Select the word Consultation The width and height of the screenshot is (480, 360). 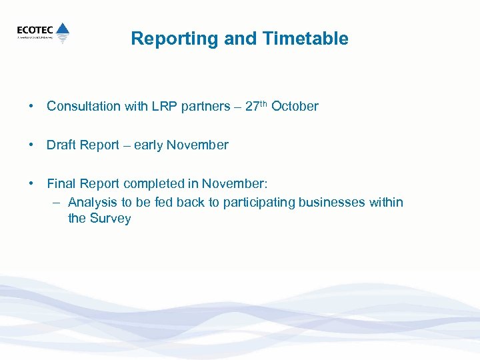[x=83, y=107]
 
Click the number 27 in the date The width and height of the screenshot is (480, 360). [x=251, y=107]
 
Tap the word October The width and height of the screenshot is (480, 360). [x=295, y=107]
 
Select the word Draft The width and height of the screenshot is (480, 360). [x=62, y=145]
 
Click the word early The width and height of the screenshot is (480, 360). [x=148, y=145]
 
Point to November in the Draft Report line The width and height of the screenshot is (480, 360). [x=197, y=145]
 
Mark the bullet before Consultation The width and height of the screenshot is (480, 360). [x=31, y=107]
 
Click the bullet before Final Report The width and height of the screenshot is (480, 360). [x=31, y=184]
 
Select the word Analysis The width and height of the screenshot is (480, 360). [x=91, y=203]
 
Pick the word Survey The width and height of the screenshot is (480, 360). [x=110, y=219]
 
